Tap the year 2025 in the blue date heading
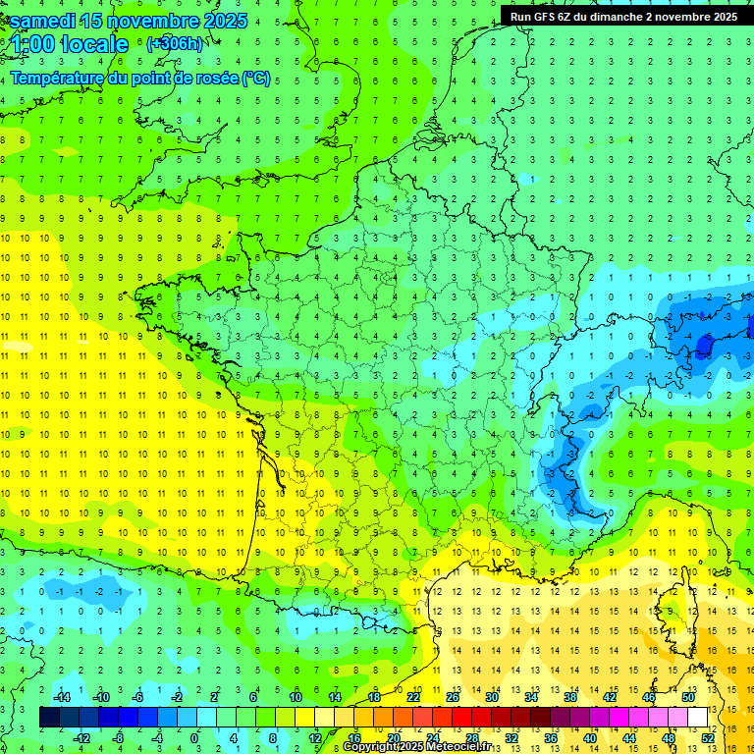pyautogui.click(x=221, y=21)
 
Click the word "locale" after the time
pyautogui.click(x=94, y=44)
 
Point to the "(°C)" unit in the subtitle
pyautogui.click(x=256, y=79)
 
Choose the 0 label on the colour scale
pyautogui.click(x=194, y=738)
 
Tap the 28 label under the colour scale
pyautogui.click(x=472, y=738)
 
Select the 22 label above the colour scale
pyautogui.click(x=413, y=697)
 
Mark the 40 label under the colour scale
pyautogui.click(x=590, y=738)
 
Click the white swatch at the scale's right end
pyautogui.click(x=698, y=718)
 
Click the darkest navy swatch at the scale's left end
pyautogui.click(x=49, y=718)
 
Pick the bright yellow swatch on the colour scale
pyautogui.click(x=304, y=718)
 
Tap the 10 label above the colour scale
pyautogui.click(x=295, y=697)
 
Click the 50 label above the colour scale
pyautogui.click(x=688, y=697)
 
